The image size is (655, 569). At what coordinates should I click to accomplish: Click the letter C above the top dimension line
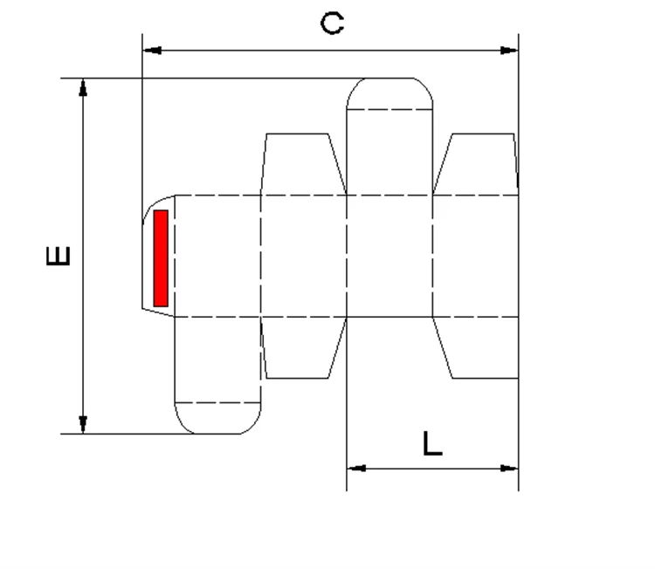click(x=332, y=23)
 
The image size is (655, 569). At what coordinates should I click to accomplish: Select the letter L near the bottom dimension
click(x=431, y=444)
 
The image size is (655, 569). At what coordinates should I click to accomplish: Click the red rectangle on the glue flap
click(x=161, y=258)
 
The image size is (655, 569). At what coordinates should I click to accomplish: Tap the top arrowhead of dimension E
click(x=83, y=87)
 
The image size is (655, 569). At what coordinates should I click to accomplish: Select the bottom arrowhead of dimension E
click(x=83, y=424)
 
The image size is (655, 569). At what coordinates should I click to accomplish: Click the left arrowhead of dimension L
click(x=355, y=468)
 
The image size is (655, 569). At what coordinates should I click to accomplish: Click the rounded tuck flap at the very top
click(x=390, y=94)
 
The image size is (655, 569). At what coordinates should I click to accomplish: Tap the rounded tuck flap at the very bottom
click(x=218, y=418)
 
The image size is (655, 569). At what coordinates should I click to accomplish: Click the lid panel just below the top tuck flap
click(x=390, y=152)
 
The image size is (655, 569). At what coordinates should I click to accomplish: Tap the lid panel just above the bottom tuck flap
click(x=218, y=359)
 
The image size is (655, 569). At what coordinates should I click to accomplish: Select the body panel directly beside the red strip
click(x=218, y=256)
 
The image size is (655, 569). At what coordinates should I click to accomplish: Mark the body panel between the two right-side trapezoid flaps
click(x=475, y=256)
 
